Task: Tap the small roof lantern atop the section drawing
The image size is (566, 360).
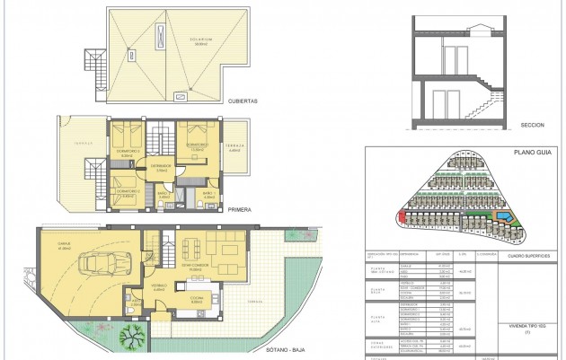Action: coord(474,27)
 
